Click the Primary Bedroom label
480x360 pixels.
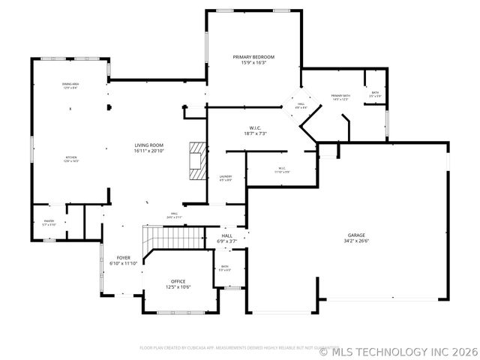(253, 57)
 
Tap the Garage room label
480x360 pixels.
(357, 235)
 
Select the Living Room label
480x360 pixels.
(149, 145)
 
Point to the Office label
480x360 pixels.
(178, 281)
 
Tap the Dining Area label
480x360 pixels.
(70, 85)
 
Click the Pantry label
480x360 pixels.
(49, 221)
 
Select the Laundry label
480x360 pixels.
(225, 176)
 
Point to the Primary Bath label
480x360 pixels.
(341, 96)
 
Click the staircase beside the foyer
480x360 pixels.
(175, 238)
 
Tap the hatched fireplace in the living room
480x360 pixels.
(196, 160)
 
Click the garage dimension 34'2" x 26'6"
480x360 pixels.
(357, 241)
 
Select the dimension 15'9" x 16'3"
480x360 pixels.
(253, 63)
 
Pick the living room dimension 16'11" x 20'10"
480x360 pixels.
(149, 151)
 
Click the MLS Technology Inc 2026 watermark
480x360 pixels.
(398, 351)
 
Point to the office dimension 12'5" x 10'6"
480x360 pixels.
(178, 287)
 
